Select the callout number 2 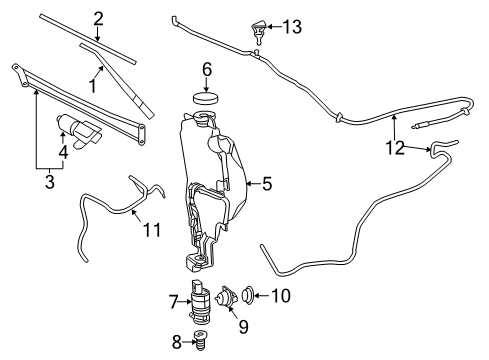[x=99, y=17]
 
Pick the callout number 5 [x=266, y=183]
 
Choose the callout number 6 [x=206, y=69]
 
